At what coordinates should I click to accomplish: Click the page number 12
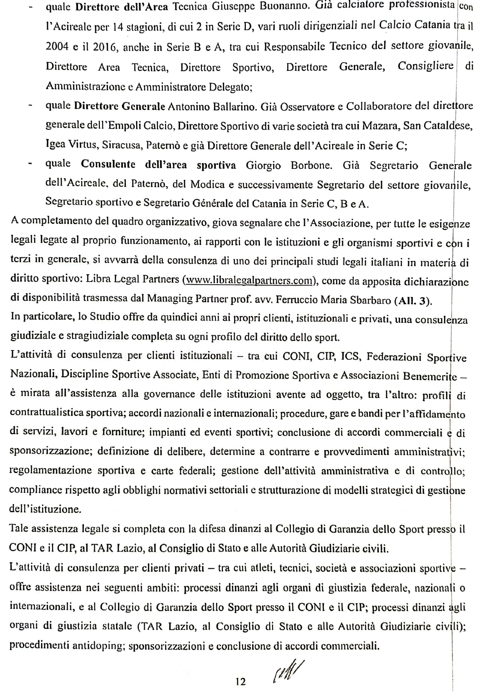point(240,681)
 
